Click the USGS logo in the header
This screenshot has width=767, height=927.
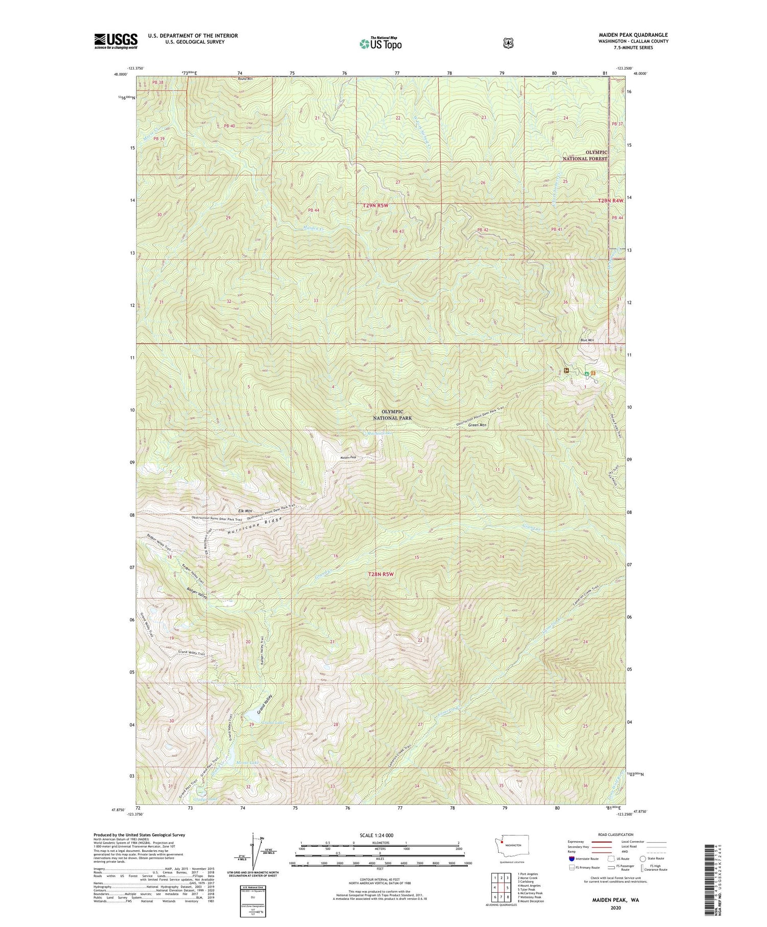[x=116, y=41]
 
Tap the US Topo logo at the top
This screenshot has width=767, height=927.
[x=380, y=43]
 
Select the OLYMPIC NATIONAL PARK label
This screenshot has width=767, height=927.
[x=392, y=415]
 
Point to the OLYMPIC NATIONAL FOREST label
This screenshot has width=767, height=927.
[x=585, y=155]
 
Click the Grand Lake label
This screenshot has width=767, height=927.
[x=272, y=723]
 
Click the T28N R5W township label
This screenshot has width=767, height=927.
[x=381, y=574]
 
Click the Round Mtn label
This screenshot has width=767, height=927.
[x=245, y=79]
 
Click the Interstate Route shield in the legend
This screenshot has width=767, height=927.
[x=572, y=858]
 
